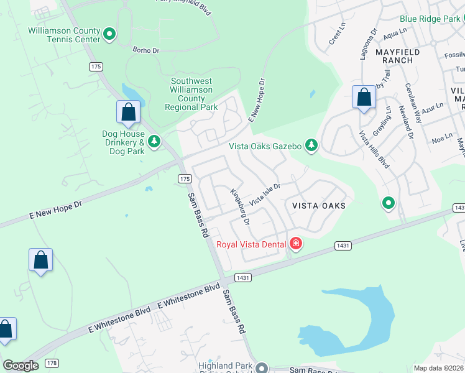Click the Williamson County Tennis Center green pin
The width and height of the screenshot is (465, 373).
click(109, 34)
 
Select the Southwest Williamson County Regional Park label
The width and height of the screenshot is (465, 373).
click(191, 94)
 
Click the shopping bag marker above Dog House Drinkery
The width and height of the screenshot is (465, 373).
click(128, 112)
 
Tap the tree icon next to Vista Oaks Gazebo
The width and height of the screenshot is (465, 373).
click(311, 146)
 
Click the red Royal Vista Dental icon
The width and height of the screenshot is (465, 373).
click(296, 244)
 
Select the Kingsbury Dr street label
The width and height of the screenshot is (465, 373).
click(239, 207)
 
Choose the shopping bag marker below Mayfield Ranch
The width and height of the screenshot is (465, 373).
click(364, 98)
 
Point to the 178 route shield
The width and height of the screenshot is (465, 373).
click(52, 363)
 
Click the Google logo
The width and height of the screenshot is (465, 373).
click(21, 366)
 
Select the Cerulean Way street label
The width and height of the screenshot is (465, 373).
click(413, 102)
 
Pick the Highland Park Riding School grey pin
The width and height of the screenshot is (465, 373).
click(262, 369)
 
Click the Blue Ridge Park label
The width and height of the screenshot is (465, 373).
click(430, 19)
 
